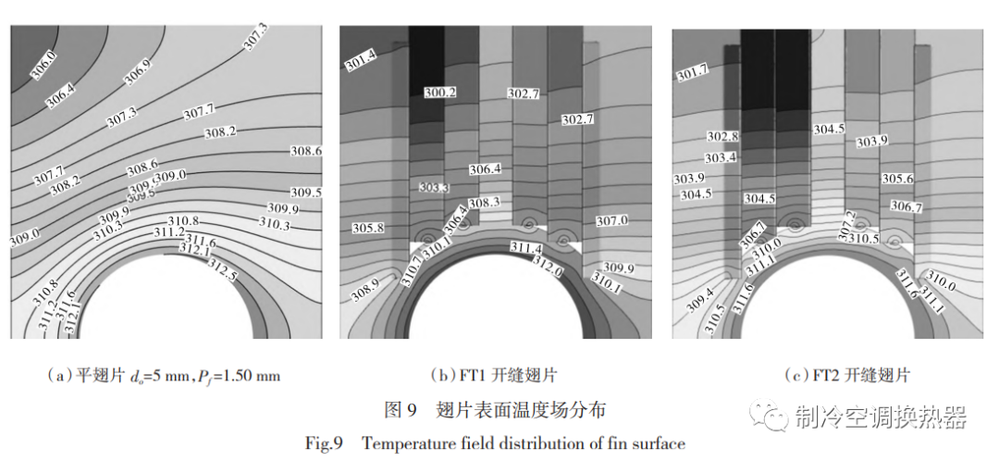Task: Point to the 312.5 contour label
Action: (x=222, y=270)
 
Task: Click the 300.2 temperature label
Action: (x=439, y=93)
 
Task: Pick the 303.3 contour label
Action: (x=433, y=188)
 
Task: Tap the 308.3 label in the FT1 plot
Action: (x=483, y=203)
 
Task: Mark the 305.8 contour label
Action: (x=369, y=228)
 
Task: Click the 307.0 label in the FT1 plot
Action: (x=611, y=220)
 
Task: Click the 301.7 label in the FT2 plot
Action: (x=693, y=72)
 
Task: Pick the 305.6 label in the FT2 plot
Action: (x=896, y=179)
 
